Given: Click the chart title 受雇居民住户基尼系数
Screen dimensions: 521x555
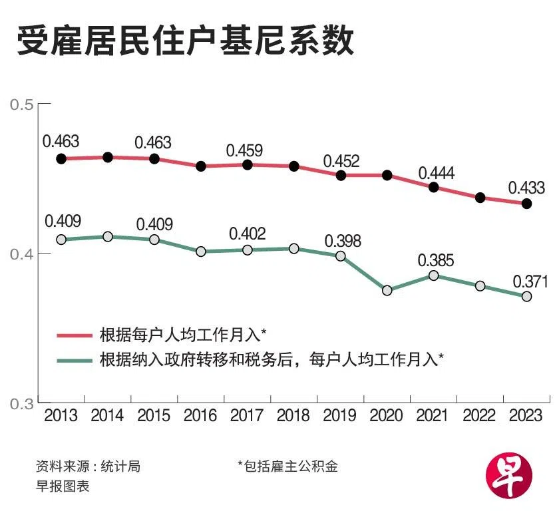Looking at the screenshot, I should (x=184, y=42).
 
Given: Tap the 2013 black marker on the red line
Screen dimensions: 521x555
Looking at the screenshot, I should (x=61, y=159).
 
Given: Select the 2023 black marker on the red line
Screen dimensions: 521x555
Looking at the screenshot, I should (x=526, y=204).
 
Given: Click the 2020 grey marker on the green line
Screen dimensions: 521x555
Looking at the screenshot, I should (x=387, y=290).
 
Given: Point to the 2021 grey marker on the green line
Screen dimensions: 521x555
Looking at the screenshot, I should (x=434, y=275).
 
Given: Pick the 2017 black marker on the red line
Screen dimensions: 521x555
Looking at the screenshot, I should (x=248, y=164).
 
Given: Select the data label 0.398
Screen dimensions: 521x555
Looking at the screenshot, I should (x=343, y=240).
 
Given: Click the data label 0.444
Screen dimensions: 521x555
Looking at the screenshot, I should (x=436, y=173).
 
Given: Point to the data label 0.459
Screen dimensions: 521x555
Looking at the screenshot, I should (x=244, y=150).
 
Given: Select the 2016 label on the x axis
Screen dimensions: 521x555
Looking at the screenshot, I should (x=201, y=416).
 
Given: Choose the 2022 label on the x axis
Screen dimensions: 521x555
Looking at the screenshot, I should (x=480, y=416).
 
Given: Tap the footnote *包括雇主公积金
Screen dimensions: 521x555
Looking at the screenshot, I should (x=287, y=466).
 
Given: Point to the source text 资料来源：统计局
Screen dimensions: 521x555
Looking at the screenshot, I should (x=88, y=466).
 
